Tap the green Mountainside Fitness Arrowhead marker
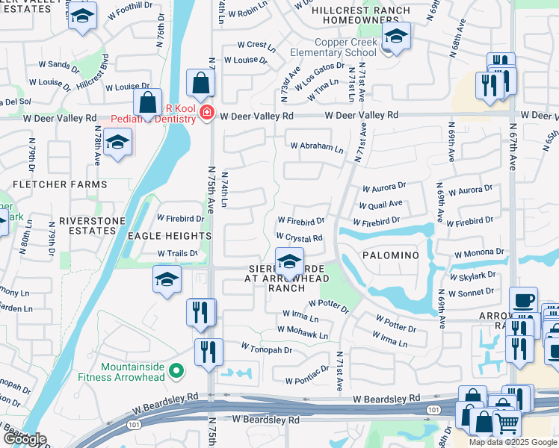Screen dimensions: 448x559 pos(176,370)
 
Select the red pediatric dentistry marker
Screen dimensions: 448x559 pos(206,114)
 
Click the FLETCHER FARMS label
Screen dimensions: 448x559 pos(59,184)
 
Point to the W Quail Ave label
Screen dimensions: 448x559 pos(380,204)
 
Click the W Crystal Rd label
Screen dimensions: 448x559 pos(299,239)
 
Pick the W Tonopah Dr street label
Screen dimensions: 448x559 pos(266,349)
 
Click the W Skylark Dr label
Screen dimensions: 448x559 pos(472,276)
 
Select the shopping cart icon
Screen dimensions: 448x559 pos(507,424)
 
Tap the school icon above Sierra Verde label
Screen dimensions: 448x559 pos(289,261)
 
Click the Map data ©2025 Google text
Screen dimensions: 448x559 pos(512,442)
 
